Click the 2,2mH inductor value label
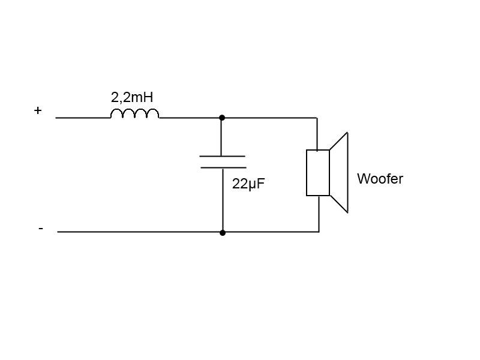coord(132,98)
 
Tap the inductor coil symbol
coord(134,113)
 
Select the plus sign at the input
coord(38,110)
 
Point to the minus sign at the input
coord(41,229)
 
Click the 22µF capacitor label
coord(248,184)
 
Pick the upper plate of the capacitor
coord(222,156)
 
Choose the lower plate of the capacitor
coord(223,167)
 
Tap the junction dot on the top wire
coord(222,118)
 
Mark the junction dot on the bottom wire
coord(223,233)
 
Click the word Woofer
coord(380,179)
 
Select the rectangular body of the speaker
coord(318,173)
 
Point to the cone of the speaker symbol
coord(339,173)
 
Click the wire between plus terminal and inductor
coord(83,118)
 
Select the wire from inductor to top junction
coord(190,118)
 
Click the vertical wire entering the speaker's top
coord(317,134)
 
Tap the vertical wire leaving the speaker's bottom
coord(319,214)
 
